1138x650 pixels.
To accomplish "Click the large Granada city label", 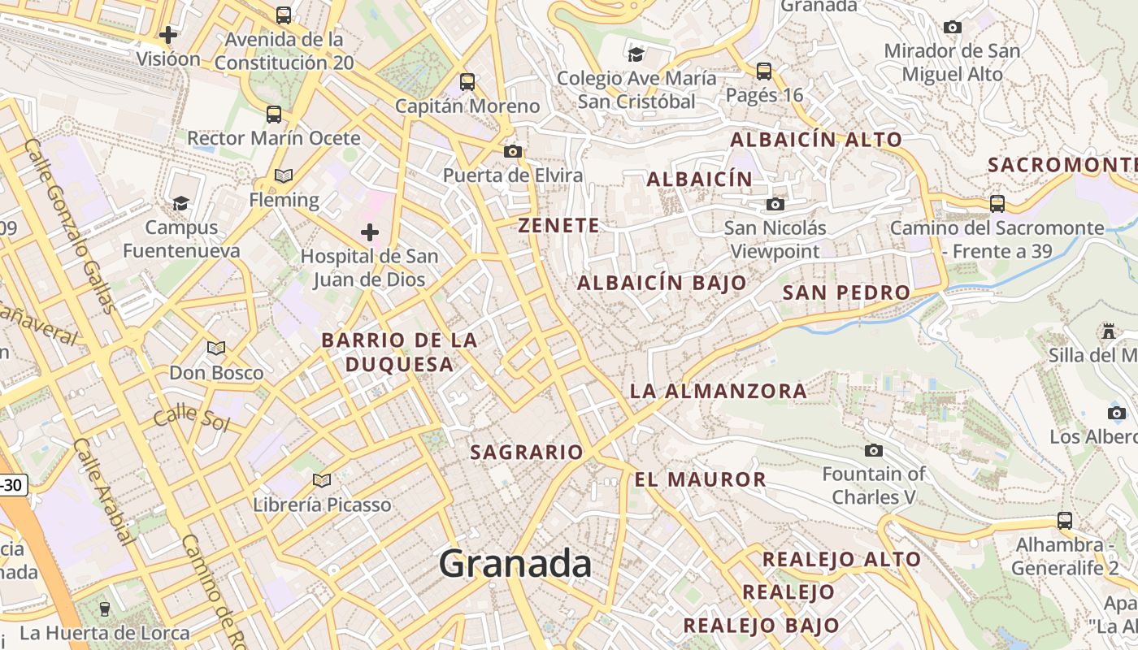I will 515,564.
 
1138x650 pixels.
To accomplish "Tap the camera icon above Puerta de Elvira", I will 512,151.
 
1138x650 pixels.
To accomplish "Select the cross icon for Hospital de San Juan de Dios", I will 370,233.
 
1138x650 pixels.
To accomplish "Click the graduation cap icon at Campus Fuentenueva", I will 180,202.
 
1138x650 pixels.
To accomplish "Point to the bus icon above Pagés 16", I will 764,71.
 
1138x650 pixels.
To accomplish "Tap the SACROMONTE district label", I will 1062,165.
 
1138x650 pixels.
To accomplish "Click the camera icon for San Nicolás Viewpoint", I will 775,204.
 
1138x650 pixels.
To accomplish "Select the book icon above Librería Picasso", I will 322,480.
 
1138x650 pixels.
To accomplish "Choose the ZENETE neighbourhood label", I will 559,226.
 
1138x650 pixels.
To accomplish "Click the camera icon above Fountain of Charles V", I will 874,450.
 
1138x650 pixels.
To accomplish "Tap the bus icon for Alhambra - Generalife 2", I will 1065,520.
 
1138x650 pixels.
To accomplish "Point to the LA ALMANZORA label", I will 719,391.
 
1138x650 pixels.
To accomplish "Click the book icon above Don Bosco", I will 216,348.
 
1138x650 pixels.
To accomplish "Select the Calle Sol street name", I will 192,418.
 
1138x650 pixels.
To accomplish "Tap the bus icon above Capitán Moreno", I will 467,81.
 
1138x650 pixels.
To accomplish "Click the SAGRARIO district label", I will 527,453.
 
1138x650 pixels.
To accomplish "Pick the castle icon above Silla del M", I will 1108,331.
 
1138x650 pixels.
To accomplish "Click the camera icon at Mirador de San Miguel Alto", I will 953,27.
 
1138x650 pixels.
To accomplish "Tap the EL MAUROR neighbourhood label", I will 700,479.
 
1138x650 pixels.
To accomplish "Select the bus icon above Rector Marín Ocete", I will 274,114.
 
